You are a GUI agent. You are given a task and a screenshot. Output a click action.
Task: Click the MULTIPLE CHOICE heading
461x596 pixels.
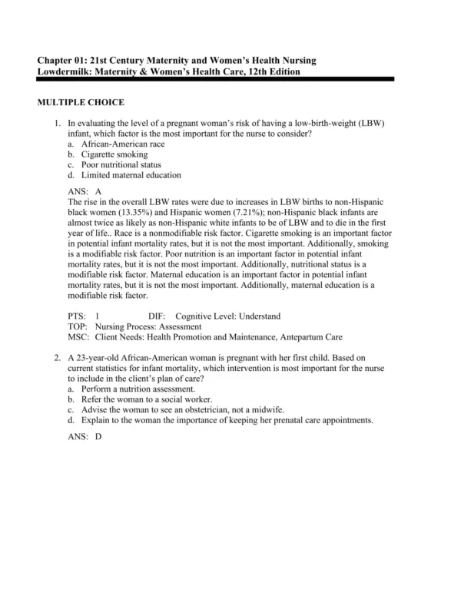[81, 102]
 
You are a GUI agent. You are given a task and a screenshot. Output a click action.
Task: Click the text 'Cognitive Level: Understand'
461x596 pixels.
[227, 316]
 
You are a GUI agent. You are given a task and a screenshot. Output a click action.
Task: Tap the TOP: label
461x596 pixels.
[78, 326]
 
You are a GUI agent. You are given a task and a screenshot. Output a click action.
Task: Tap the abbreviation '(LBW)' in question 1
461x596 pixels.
[370, 123]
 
